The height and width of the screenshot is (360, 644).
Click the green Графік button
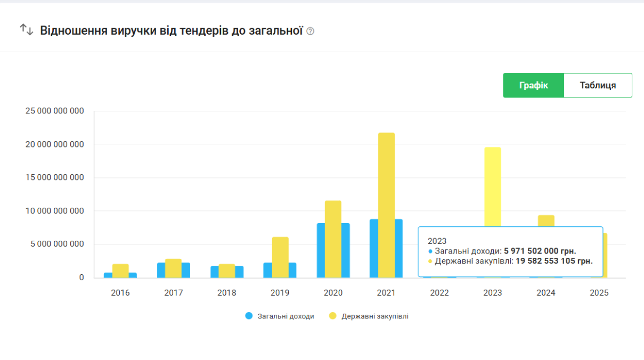(533, 85)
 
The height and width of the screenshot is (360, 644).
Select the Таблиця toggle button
(598, 85)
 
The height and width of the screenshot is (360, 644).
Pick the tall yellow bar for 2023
(493, 186)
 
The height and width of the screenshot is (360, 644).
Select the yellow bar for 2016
(120, 271)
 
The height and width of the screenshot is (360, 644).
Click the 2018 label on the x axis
(227, 293)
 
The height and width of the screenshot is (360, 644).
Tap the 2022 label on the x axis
(439, 293)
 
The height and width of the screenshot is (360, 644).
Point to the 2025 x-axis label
(599, 293)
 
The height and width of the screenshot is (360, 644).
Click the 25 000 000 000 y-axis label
(55, 111)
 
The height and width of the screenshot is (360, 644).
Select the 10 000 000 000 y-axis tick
(55, 211)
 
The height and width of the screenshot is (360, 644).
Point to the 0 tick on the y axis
(81, 277)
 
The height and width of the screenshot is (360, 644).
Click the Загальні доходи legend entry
(280, 316)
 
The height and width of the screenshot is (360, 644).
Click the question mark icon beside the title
(311, 31)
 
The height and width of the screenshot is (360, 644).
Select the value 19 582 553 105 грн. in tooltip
(554, 261)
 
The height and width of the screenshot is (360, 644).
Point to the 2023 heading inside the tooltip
(437, 241)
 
